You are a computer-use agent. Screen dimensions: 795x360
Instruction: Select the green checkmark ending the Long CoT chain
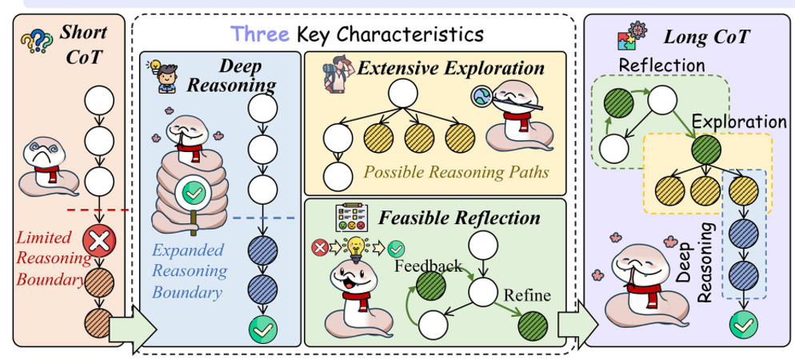coord(743,325)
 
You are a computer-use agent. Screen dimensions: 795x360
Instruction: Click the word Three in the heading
coord(260,34)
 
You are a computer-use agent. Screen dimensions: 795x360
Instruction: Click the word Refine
coord(526,294)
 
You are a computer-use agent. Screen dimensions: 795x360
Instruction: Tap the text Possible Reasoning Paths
coord(457,172)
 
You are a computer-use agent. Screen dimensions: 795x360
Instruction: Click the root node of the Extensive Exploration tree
coord(402,93)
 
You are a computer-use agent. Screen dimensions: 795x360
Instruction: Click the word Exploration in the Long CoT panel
coord(739,122)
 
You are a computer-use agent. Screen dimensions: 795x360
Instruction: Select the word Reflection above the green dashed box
coord(661,65)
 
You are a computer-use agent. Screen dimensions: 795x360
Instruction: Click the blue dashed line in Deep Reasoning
coord(264,218)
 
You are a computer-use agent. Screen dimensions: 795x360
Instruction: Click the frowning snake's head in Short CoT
coord(42,155)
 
